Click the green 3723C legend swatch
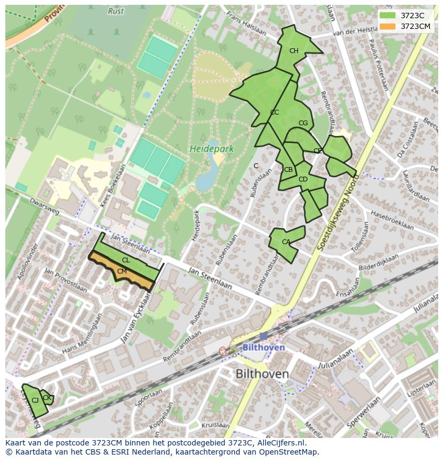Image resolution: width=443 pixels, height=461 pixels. (387, 16)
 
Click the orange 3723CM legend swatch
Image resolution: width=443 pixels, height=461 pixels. (387, 26)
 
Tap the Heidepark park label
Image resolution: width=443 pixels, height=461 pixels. (211, 149)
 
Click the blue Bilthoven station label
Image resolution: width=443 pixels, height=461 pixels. (263, 347)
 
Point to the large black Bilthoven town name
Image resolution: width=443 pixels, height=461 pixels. (262, 374)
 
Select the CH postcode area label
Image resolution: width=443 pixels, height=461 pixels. (294, 51)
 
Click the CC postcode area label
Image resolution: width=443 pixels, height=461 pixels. (274, 112)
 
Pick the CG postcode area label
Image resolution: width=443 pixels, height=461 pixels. (303, 123)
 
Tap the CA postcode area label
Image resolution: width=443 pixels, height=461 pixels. (286, 242)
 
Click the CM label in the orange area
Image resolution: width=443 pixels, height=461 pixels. (122, 271)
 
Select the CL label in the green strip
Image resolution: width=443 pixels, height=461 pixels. (126, 260)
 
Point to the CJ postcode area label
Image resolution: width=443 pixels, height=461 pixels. (35, 400)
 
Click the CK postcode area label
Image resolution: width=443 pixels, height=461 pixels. (47, 398)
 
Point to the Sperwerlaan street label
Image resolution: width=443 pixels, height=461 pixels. (363, 412)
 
